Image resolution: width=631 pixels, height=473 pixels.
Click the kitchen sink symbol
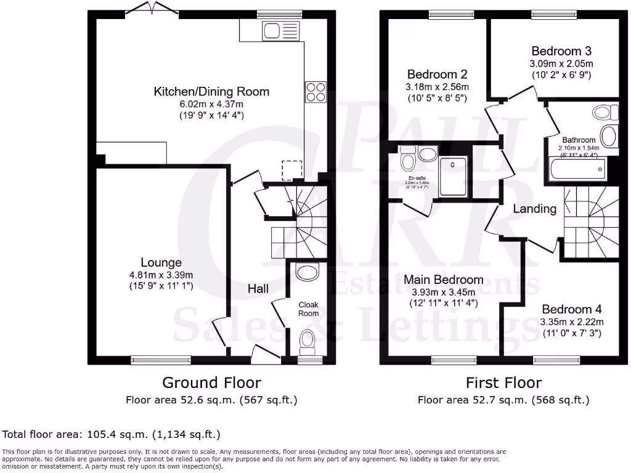[x=280, y=30]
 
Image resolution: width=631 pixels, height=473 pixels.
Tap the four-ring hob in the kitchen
[x=315, y=92]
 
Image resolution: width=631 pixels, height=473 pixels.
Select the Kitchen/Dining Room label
[x=211, y=92]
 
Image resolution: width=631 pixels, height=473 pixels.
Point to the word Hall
[x=258, y=288]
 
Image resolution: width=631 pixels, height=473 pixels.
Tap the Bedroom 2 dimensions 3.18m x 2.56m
[x=437, y=86]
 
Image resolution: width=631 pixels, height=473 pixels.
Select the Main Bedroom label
[x=443, y=280]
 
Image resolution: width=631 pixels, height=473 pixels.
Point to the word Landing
[x=535, y=209]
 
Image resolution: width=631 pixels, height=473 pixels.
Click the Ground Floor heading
[x=211, y=383]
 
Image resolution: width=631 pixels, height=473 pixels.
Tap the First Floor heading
[x=503, y=383]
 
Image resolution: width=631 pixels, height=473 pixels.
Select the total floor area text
[x=112, y=434]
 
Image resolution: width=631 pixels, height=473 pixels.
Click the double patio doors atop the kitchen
[x=148, y=9]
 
